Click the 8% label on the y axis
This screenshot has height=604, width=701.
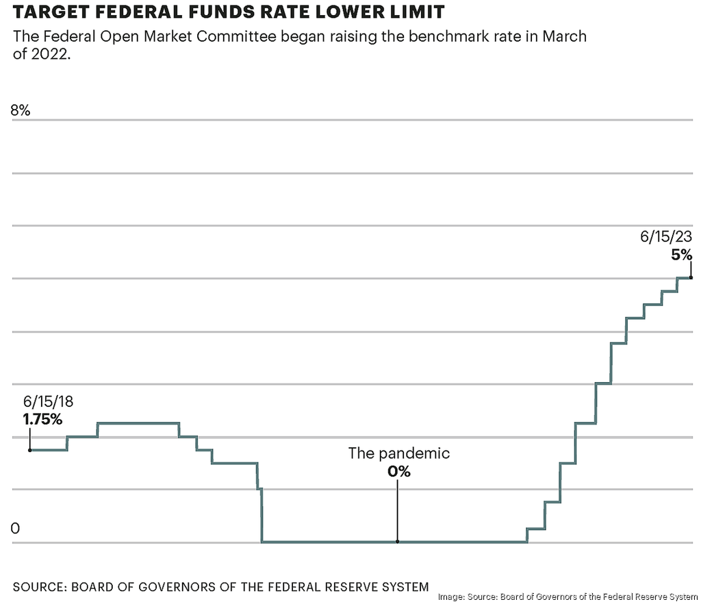point(21,110)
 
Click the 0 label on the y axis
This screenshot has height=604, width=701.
point(16,528)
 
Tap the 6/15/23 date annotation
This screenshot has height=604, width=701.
point(666,237)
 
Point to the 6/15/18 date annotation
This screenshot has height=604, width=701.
point(49,401)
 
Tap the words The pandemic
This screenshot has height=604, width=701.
point(398,453)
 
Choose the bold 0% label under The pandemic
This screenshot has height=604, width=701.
point(398,471)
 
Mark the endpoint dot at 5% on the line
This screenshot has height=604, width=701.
point(691,277)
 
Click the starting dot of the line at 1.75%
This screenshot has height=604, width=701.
point(29,450)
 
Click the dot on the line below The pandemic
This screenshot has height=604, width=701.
point(397,542)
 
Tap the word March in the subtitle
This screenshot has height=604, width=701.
point(564,36)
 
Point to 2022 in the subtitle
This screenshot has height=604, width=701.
point(49,54)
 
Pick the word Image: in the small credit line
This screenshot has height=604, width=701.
point(451,596)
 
